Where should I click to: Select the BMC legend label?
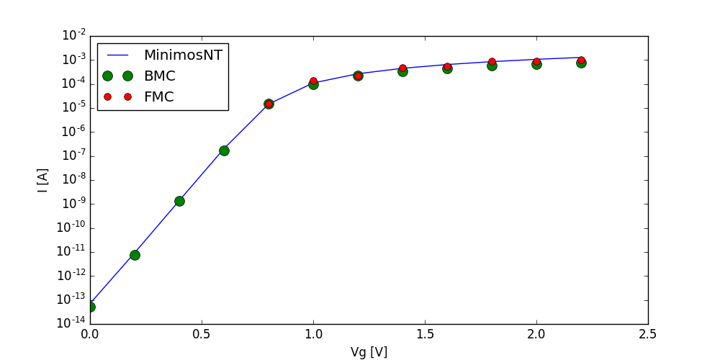[160, 76]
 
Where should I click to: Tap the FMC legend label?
[159, 96]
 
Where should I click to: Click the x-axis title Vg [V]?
[369, 351]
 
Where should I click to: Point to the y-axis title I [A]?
[43, 180]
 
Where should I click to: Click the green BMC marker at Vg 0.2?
[135, 255]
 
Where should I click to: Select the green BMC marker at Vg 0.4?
[179, 201]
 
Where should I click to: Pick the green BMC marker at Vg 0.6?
[224, 150]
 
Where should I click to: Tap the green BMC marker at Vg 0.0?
[90, 307]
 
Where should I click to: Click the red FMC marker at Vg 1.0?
[313, 81]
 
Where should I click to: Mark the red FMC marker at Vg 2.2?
[581, 60]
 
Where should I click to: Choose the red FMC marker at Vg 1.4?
[402, 68]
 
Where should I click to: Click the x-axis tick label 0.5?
[202, 335]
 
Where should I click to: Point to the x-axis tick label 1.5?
[425, 335]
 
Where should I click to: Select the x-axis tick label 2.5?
[648, 335]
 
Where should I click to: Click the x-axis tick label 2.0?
[536, 335]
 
